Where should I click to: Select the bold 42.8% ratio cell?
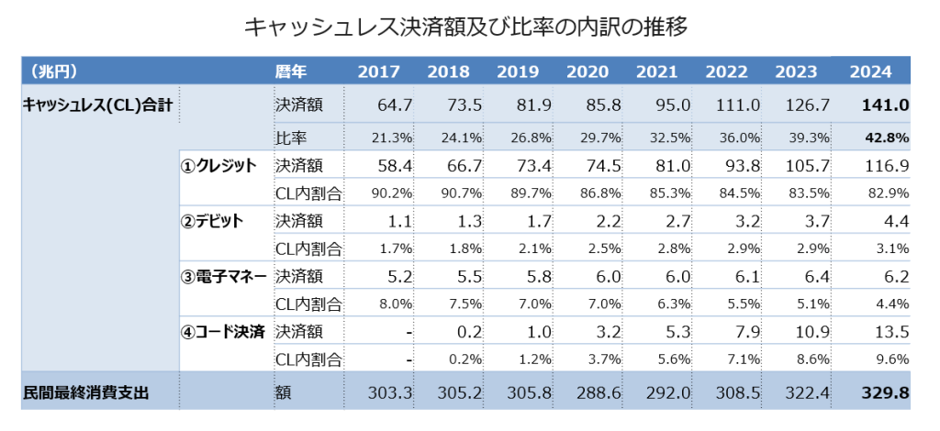tap(887, 138)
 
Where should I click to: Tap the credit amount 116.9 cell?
tap(886, 166)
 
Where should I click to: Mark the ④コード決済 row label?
tap(226, 331)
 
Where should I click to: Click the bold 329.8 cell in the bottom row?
tap(885, 393)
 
